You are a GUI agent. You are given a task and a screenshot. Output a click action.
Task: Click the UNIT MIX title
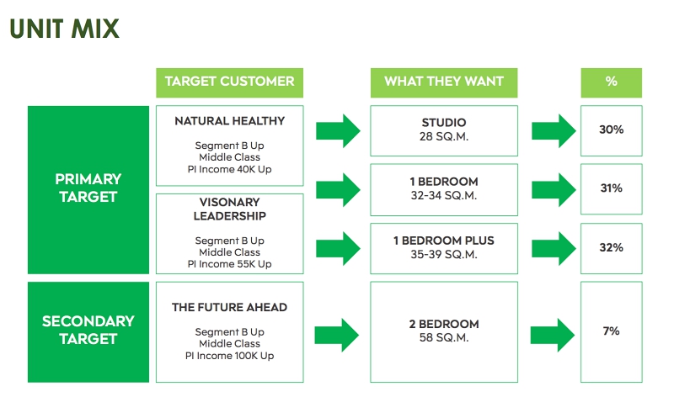pyautogui.click(x=65, y=29)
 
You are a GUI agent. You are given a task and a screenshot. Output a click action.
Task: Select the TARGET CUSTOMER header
pyautogui.click(x=229, y=81)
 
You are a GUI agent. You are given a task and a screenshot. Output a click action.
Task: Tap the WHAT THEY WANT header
pyautogui.click(x=444, y=81)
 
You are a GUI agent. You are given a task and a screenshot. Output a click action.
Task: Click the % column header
pyautogui.click(x=612, y=81)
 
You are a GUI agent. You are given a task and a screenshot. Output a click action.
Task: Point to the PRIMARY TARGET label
pyautogui.click(x=88, y=188)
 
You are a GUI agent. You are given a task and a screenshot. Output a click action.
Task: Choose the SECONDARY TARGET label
pyautogui.click(x=88, y=330)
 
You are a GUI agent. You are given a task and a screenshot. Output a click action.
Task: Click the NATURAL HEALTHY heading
pyautogui.click(x=229, y=121)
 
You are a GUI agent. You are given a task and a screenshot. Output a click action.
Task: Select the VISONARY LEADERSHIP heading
pyautogui.click(x=229, y=209)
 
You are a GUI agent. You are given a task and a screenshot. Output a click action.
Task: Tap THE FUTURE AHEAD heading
pyautogui.click(x=229, y=307)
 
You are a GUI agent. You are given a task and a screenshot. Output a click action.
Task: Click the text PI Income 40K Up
pyautogui.click(x=229, y=169)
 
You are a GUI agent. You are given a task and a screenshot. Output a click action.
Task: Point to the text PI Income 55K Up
pyautogui.click(x=229, y=264)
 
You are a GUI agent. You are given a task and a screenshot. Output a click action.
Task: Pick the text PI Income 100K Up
pyautogui.click(x=229, y=356)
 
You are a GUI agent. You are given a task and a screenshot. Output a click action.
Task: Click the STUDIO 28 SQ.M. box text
pyautogui.click(x=444, y=130)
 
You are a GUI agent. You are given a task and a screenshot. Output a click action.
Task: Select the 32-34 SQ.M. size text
pyautogui.click(x=444, y=196)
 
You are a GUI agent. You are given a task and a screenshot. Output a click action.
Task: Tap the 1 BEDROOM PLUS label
pyautogui.click(x=444, y=241)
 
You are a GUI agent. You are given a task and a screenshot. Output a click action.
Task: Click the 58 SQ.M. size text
pyautogui.click(x=444, y=338)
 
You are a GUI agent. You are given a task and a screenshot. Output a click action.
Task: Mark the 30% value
pyautogui.click(x=612, y=130)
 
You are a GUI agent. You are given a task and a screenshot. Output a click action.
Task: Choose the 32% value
pyautogui.click(x=612, y=247)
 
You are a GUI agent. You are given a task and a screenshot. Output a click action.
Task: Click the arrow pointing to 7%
pyautogui.click(x=553, y=335)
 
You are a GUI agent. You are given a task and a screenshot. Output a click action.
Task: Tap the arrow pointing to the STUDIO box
pyautogui.click(x=338, y=131)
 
